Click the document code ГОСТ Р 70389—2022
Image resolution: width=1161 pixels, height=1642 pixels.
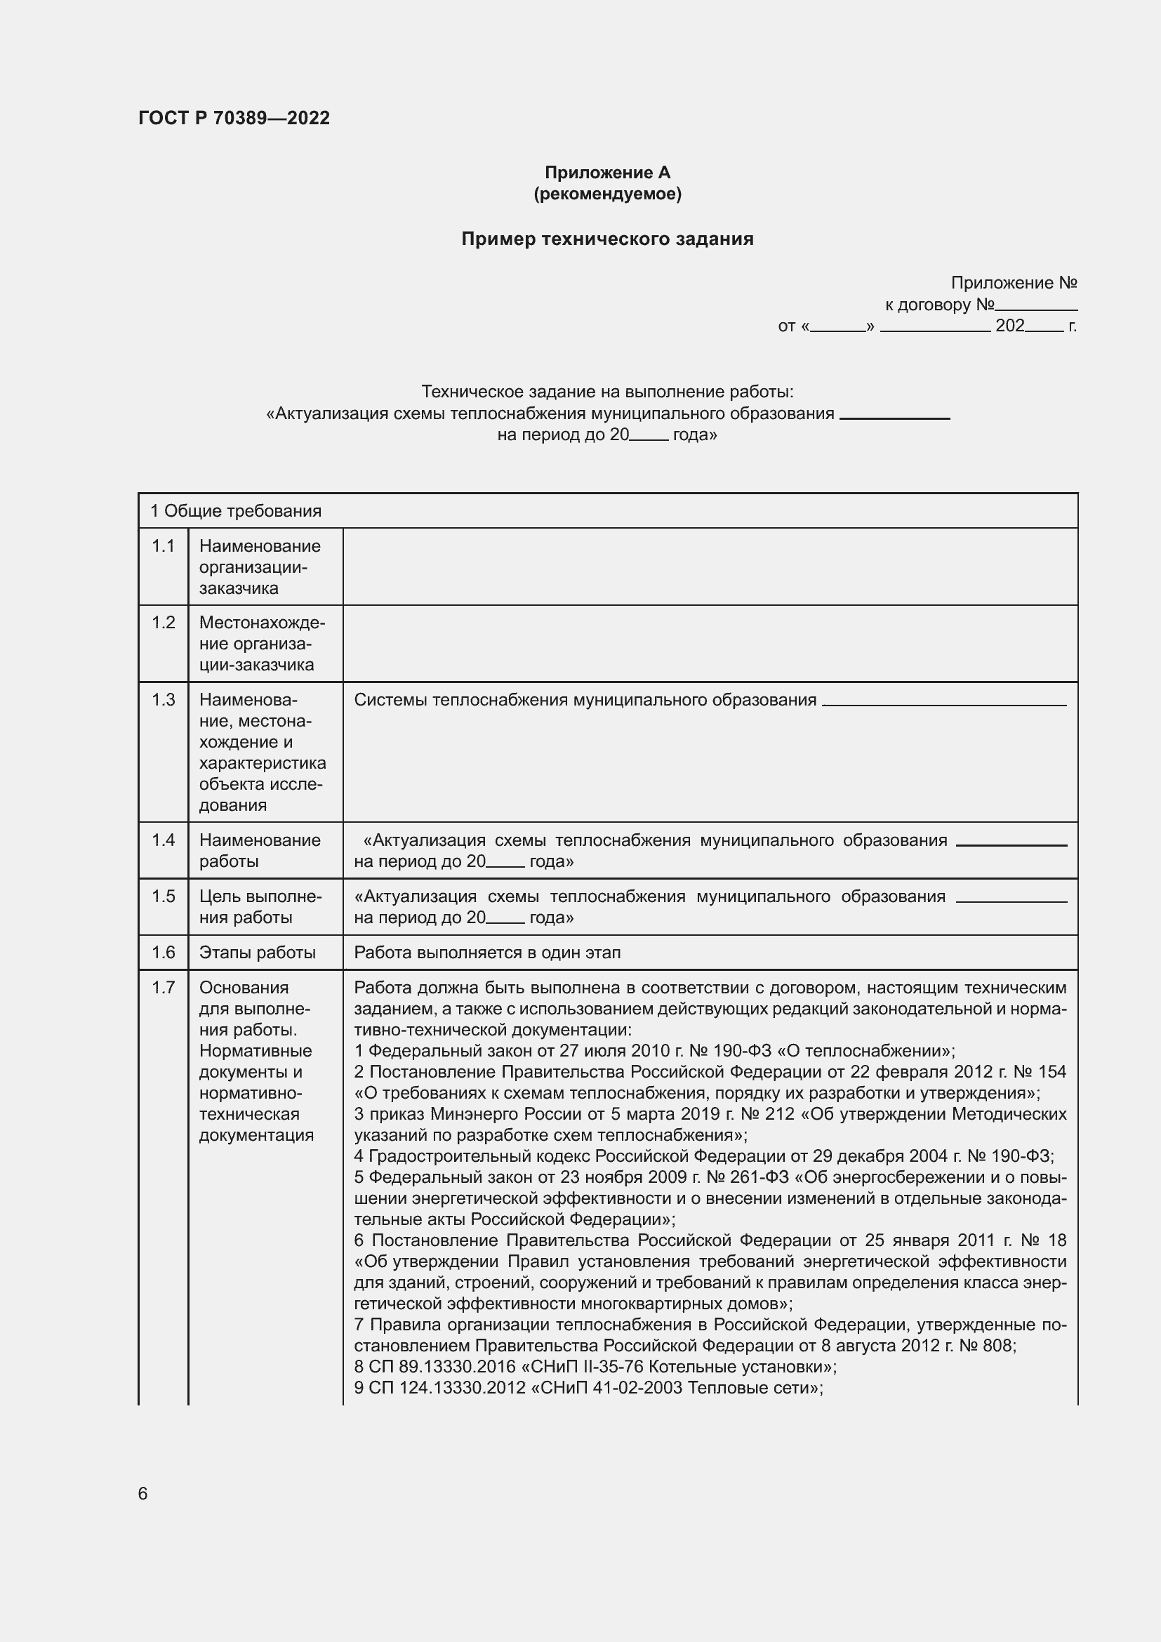coord(234,118)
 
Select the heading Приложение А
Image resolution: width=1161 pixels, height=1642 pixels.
coord(607,173)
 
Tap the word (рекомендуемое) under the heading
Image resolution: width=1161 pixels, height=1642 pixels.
coord(607,194)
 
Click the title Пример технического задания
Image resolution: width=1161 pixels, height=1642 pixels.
coord(607,239)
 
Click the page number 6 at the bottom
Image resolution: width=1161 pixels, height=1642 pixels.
coord(143,1494)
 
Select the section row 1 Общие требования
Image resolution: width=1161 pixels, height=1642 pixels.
coord(236,511)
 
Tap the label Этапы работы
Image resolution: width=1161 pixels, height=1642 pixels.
coord(258,953)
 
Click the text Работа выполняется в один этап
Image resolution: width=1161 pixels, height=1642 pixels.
coord(488,953)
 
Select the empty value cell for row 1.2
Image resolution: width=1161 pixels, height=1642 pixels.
coord(709,644)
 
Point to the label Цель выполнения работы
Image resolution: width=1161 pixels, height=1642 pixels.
coord(260,907)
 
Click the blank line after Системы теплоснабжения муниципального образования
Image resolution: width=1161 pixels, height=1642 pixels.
coord(943,701)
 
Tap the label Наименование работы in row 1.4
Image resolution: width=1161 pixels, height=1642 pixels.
coord(260,850)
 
